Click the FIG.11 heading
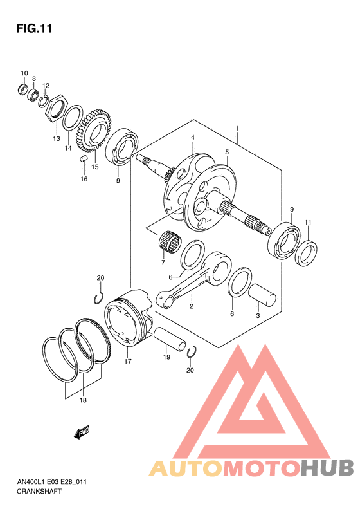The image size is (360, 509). click(x=34, y=28)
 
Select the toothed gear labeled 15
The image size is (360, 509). click(x=94, y=131)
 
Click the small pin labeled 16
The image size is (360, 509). click(x=84, y=159)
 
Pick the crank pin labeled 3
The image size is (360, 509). click(x=262, y=295)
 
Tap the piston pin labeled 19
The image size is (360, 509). click(x=170, y=339)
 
